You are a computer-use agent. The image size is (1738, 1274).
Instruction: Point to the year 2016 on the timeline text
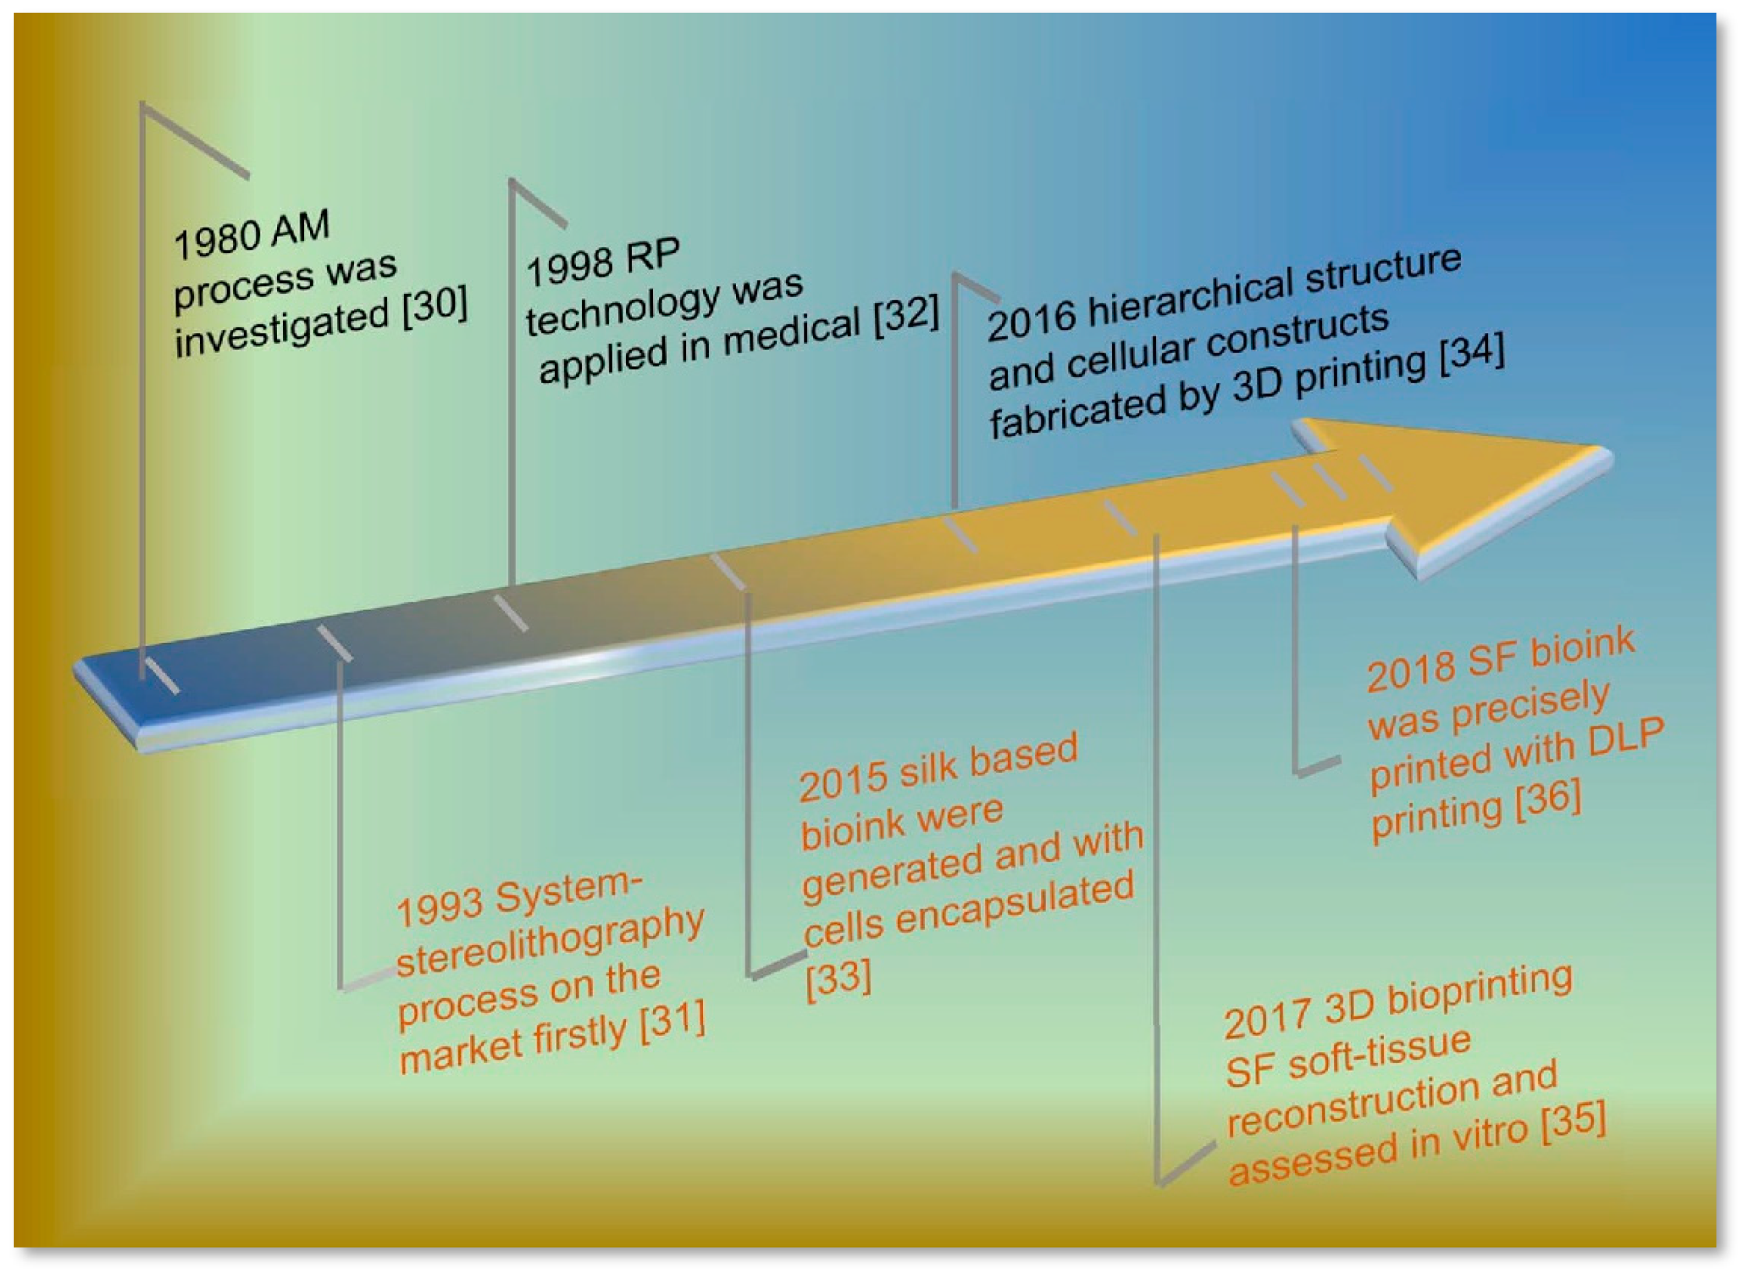click(x=1031, y=319)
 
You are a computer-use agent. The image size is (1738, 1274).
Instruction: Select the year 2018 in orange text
click(x=1411, y=671)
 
